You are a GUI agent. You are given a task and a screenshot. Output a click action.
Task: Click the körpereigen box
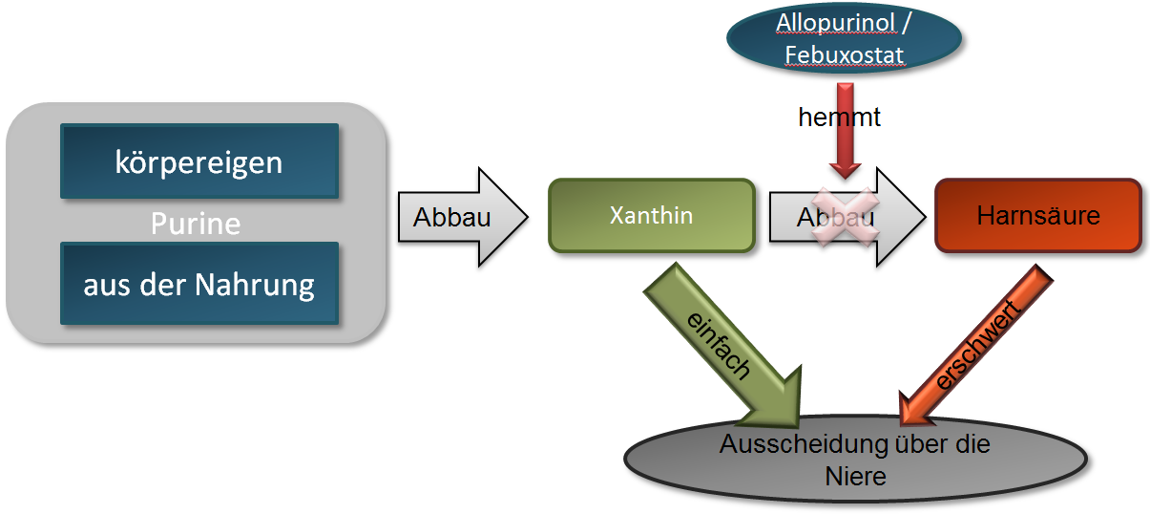(199, 161)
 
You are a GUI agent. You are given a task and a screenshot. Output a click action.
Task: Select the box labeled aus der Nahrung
(199, 284)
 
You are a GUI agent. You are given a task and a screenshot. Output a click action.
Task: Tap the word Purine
(196, 224)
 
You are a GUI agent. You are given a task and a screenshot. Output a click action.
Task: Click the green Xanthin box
(651, 215)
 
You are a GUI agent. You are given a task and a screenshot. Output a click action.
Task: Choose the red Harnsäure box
(1037, 215)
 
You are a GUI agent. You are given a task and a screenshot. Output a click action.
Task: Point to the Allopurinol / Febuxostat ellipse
(844, 39)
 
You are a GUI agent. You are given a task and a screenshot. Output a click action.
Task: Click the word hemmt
(839, 117)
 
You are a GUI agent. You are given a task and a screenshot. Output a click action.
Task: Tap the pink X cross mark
(844, 217)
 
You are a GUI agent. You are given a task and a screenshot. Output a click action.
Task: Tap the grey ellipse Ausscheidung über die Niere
(855, 460)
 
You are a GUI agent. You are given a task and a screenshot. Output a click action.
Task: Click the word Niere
(855, 476)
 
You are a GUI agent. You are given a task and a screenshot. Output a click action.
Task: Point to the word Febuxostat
(844, 55)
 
